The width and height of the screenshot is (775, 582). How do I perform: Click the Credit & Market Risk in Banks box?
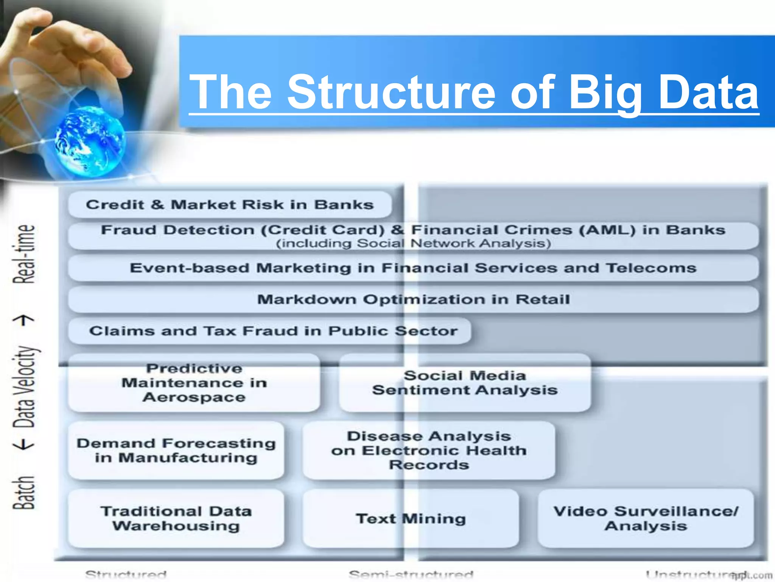coord(230,205)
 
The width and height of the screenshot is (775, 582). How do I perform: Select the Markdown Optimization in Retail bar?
coord(413,299)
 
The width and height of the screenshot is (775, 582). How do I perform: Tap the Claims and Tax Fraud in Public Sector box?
coord(269,331)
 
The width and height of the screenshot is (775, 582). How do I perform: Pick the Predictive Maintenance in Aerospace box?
coord(194,383)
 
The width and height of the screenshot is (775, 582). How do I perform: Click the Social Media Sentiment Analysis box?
coord(465,383)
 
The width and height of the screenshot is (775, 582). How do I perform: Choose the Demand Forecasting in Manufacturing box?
coord(176,450)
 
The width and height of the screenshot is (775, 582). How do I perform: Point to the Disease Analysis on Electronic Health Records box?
coord(429,450)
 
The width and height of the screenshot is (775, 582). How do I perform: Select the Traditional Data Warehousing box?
coord(176,518)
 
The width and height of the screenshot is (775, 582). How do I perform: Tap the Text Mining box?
coord(411,518)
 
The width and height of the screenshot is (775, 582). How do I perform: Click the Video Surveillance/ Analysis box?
coord(646,518)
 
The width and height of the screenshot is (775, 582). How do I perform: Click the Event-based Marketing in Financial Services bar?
coord(413,268)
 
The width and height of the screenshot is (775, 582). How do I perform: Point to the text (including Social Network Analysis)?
coord(413,243)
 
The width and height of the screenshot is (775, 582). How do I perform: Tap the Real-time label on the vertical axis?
coord(24,254)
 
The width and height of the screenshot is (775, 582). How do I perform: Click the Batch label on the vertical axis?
coord(24,493)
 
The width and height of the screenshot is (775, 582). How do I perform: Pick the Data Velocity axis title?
coord(24,386)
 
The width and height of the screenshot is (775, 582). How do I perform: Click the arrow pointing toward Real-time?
coord(24,321)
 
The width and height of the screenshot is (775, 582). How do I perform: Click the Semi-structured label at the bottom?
coord(411,574)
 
